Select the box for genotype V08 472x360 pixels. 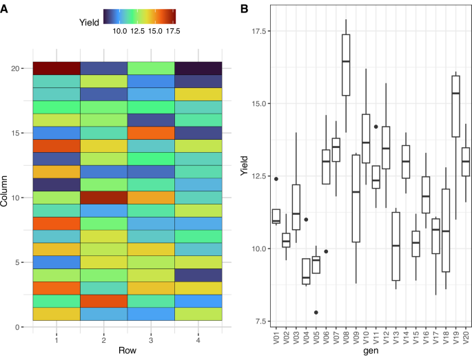(346, 65)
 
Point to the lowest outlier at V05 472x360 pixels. (316, 312)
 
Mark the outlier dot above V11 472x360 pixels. (376, 127)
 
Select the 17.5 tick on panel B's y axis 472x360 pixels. (260, 31)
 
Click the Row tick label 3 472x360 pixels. (150, 339)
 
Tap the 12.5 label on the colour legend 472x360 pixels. (136, 31)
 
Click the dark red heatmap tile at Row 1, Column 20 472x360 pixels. (57, 67)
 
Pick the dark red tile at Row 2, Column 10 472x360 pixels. (103, 198)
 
